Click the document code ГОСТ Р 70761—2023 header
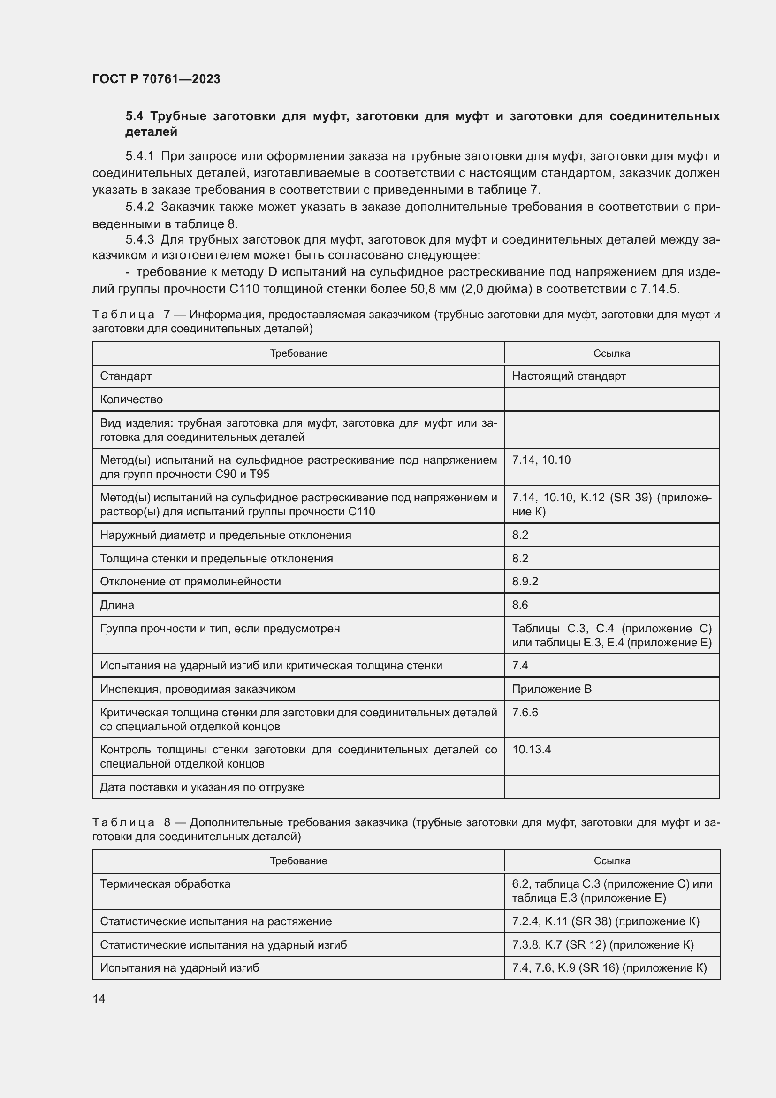click(x=156, y=79)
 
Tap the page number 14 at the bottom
click(x=99, y=998)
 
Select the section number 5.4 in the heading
click(x=134, y=116)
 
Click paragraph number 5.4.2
click(x=139, y=207)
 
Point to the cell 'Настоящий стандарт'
click(x=569, y=376)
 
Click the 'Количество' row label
click(x=131, y=399)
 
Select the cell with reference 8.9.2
click(x=525, y=582)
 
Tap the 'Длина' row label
click(x=117, y=605)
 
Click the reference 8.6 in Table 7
click(x=520, y=605)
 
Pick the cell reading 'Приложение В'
click(x=552, y=689)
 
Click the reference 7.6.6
click(x=525, y=713)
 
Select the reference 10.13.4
click(x=532, y=749)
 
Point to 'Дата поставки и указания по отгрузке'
click(x=202, y=787)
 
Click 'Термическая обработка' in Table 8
click(x=165, y=884)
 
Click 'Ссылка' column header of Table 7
click(x=612, y=353)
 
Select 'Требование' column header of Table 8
click(x=298, y=861)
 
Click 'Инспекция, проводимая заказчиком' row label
click(x=198, y=689)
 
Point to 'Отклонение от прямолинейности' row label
click(x=190, y=582)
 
